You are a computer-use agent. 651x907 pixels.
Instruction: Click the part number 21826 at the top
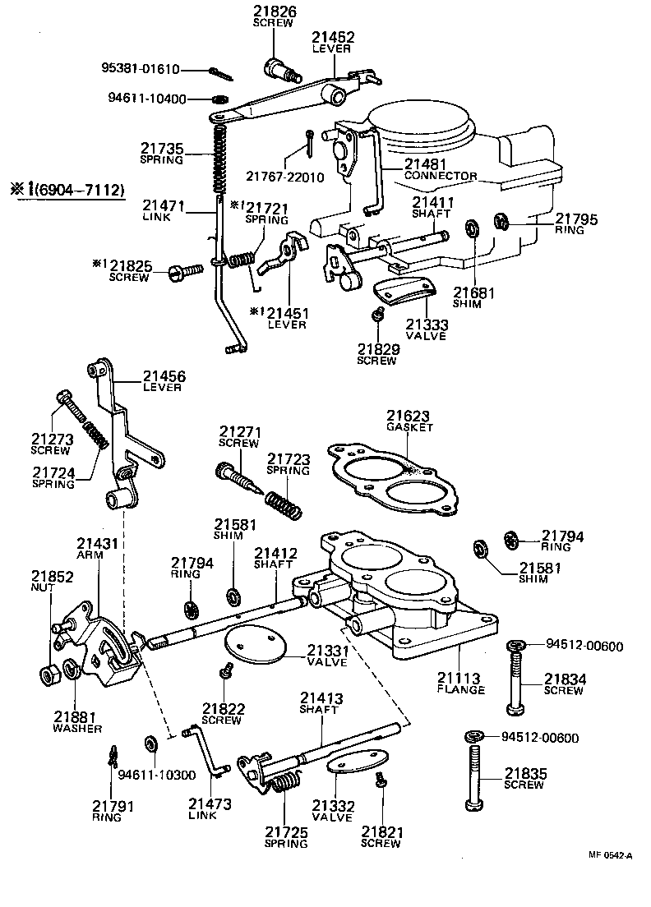pyautogui.click(x=274, y=12)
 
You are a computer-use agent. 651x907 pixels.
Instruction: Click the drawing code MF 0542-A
pyautogui.click(x=610, y=855)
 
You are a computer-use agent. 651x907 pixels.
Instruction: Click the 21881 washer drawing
pyautogui.click(x=72, y=670)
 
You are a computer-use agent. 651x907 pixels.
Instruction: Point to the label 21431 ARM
pyautogui.click(x=98, y=549)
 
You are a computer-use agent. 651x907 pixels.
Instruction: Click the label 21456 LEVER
pyautogui.click(x=164, y=381)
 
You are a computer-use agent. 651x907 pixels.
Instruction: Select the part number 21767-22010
pyautogui.click(x=284, y=177)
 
